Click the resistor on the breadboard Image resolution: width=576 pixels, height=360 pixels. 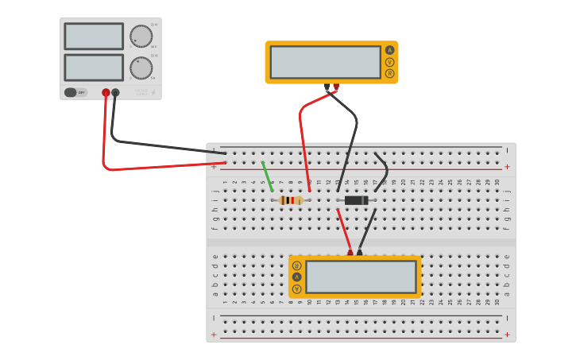click(x=292, y=200)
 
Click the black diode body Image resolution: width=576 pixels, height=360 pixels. click(x=356, y=200)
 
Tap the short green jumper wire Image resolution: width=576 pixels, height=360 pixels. click(x=268, y=176)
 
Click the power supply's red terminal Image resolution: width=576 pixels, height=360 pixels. click(x=106, y=93)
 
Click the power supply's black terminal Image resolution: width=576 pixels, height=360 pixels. click(x=115, y=93)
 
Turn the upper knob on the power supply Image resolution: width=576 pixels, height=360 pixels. click(x=141, y=37)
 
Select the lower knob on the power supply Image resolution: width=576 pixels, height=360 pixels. click(x=141, y=68)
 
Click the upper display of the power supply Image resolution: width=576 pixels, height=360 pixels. click(x=94, y=37)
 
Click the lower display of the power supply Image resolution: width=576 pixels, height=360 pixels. click(x=94, y=67)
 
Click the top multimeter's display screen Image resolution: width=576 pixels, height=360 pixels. click(x=325, y=62)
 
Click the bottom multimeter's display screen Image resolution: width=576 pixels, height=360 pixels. click(x=361, y=277)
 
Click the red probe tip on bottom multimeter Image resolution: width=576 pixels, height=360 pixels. click(x=350, y=252)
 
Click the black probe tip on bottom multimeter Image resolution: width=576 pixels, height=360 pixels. click(x=359, y=252)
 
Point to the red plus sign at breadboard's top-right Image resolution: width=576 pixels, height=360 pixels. click(x=507, y=167)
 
